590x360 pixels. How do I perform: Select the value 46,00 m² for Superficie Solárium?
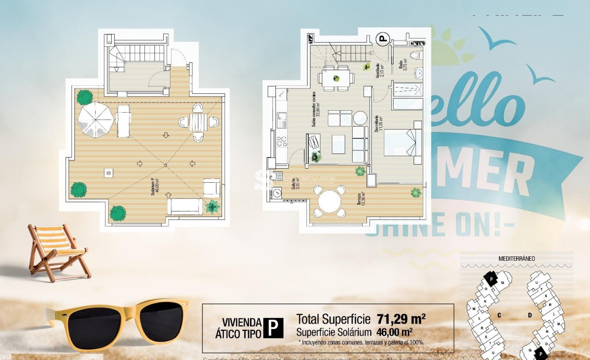click(x=394, y=332)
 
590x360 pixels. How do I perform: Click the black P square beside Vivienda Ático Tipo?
click(x=273, y=328)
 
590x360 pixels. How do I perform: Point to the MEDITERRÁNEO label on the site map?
click(x=516, y=259)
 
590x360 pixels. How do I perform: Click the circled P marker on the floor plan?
click(x=382, y=40)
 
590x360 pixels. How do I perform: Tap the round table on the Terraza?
click(x=329, y=202)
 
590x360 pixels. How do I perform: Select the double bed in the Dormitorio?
click(x=403, y=142)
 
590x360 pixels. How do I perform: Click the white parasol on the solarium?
click(x=95, y=120)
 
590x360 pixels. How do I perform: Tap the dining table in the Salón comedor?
click(x=336, y=79)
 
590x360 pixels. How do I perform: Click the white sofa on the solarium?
click(x=184, y=206)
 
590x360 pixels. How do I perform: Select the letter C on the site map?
click(x=499, y=316)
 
